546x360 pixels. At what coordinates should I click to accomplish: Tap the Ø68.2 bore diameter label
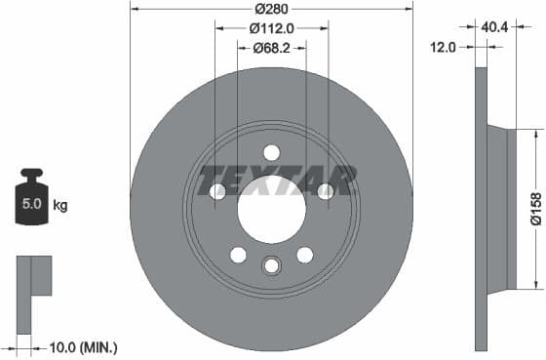(x=271, y=47)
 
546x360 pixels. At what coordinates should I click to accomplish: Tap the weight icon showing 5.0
(x=31, y=204)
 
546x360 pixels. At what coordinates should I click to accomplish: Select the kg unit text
(x=59, y=206)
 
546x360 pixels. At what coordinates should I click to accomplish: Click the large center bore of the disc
(x=271, y=212)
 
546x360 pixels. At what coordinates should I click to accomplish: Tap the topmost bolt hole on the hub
(x=271, y=151)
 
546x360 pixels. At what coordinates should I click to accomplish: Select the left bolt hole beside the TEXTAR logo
(x=216, y=191)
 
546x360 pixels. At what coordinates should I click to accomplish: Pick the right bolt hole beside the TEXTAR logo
(x=326, y=191)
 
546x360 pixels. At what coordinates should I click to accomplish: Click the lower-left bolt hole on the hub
(x=238, y=255)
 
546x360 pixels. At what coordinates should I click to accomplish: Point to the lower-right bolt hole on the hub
(x=304, y=255)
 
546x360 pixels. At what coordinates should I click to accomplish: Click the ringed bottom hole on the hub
(x=271, y=264)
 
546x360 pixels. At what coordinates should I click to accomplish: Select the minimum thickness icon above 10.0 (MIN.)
(x=33, y=277)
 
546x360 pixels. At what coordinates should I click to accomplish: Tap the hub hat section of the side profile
(x=496, y=208)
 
